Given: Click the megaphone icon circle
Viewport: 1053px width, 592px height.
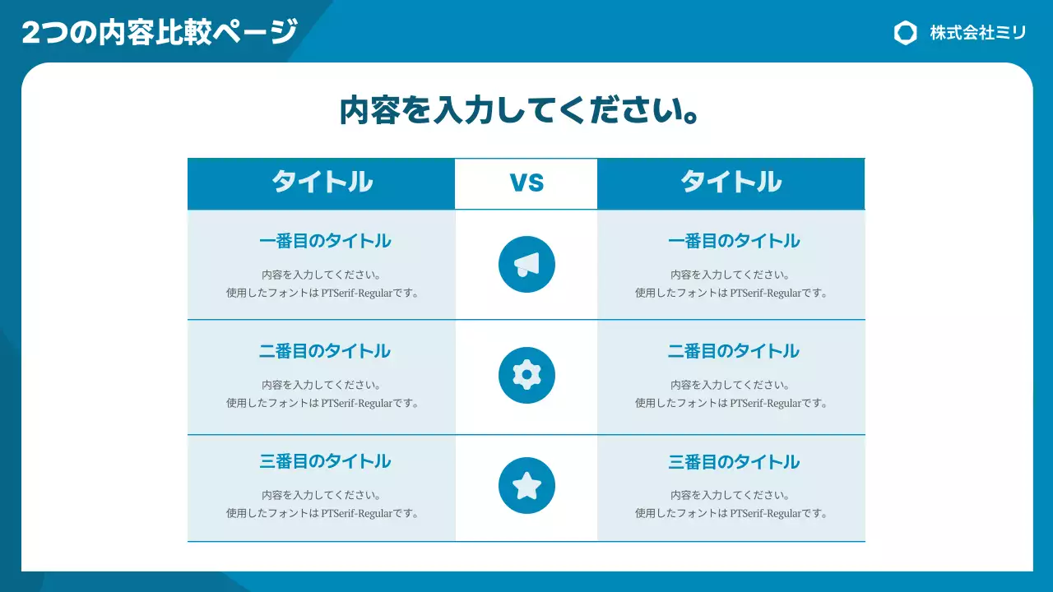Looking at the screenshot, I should [526, 264].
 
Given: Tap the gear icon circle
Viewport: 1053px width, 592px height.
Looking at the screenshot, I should [526, 375].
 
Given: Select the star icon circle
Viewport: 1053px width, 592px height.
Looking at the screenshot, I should [526, 485].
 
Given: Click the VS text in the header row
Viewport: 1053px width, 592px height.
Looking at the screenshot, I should [526, 183].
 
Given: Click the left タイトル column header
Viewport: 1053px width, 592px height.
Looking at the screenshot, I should [322, 183].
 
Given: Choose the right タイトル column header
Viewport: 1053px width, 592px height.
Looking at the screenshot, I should [731, 183].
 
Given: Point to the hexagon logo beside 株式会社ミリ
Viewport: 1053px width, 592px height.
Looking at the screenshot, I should [905, 33].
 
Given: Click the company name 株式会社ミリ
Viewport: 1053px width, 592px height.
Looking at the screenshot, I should [978, 33].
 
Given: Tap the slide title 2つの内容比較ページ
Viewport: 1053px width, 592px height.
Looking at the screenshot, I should [160, 33].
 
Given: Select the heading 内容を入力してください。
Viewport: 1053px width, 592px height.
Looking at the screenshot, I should [520, 110].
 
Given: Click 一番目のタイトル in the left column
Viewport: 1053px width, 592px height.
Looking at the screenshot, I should [325, 241].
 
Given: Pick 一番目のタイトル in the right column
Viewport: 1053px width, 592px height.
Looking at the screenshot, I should [734, 241].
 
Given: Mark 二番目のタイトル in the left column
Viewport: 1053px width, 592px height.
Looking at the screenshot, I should [325, 351].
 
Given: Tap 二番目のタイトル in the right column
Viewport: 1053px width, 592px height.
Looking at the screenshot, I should [734, 351].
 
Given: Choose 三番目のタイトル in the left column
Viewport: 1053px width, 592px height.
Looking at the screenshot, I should [325, 462].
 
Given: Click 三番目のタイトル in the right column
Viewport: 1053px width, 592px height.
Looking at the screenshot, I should [734, 462].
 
